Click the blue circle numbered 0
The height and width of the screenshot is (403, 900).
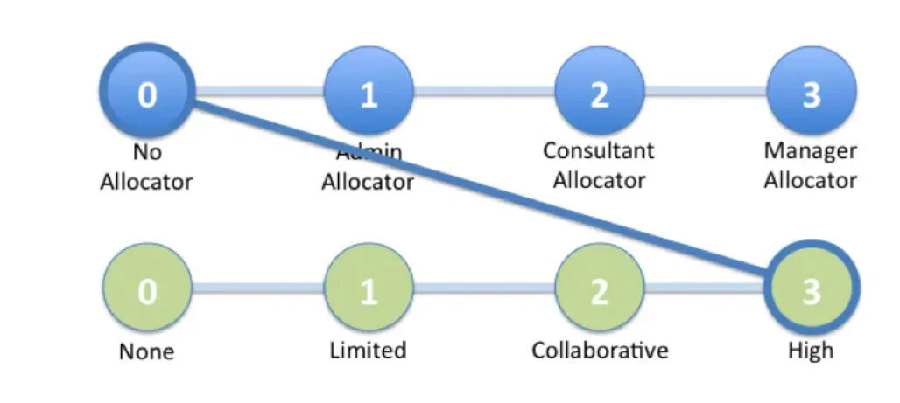pyautogui.click(x=147, y=92)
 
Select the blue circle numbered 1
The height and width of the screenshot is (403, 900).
pyautogui.click(x=369, y=93)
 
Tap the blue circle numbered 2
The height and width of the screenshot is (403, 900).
pyautogui.click(x=599, y=93)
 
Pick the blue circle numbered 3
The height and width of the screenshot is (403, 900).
pyautogui.click(x=812, y=93)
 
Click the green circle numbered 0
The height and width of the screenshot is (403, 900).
pyautogui.click(x=147, y=289)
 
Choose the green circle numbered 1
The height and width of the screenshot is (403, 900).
pyautogui.click(x=369, y=289)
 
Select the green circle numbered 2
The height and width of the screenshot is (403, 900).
pyautogui.click(x=599, y=289)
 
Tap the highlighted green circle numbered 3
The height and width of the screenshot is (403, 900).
pyautogui.click(x=812, y=289)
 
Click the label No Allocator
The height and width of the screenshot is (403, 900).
pyautogui.click(x=146, y=167)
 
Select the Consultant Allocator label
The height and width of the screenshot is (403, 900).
pyautogui.click(x=599, y=165)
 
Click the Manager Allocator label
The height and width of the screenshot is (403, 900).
pyautogui.click(x=811, y=165)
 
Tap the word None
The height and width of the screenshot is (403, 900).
pyautogui.click(x=146, y=351)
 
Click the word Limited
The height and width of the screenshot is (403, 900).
pyautogui.click(x=368, y=351)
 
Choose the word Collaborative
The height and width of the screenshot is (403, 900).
pyautogui.click(x=600, y=351)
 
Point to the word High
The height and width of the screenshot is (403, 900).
pyautogui.click(x=811, y=351)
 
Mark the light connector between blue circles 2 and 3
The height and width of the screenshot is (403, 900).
pyautogui.click(x=705, y=92)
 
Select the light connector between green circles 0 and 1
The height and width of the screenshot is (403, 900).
pyautogui.click(x=257, y=288)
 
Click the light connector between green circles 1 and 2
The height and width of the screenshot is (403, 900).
pyautogui.click(x=483, y=288)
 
